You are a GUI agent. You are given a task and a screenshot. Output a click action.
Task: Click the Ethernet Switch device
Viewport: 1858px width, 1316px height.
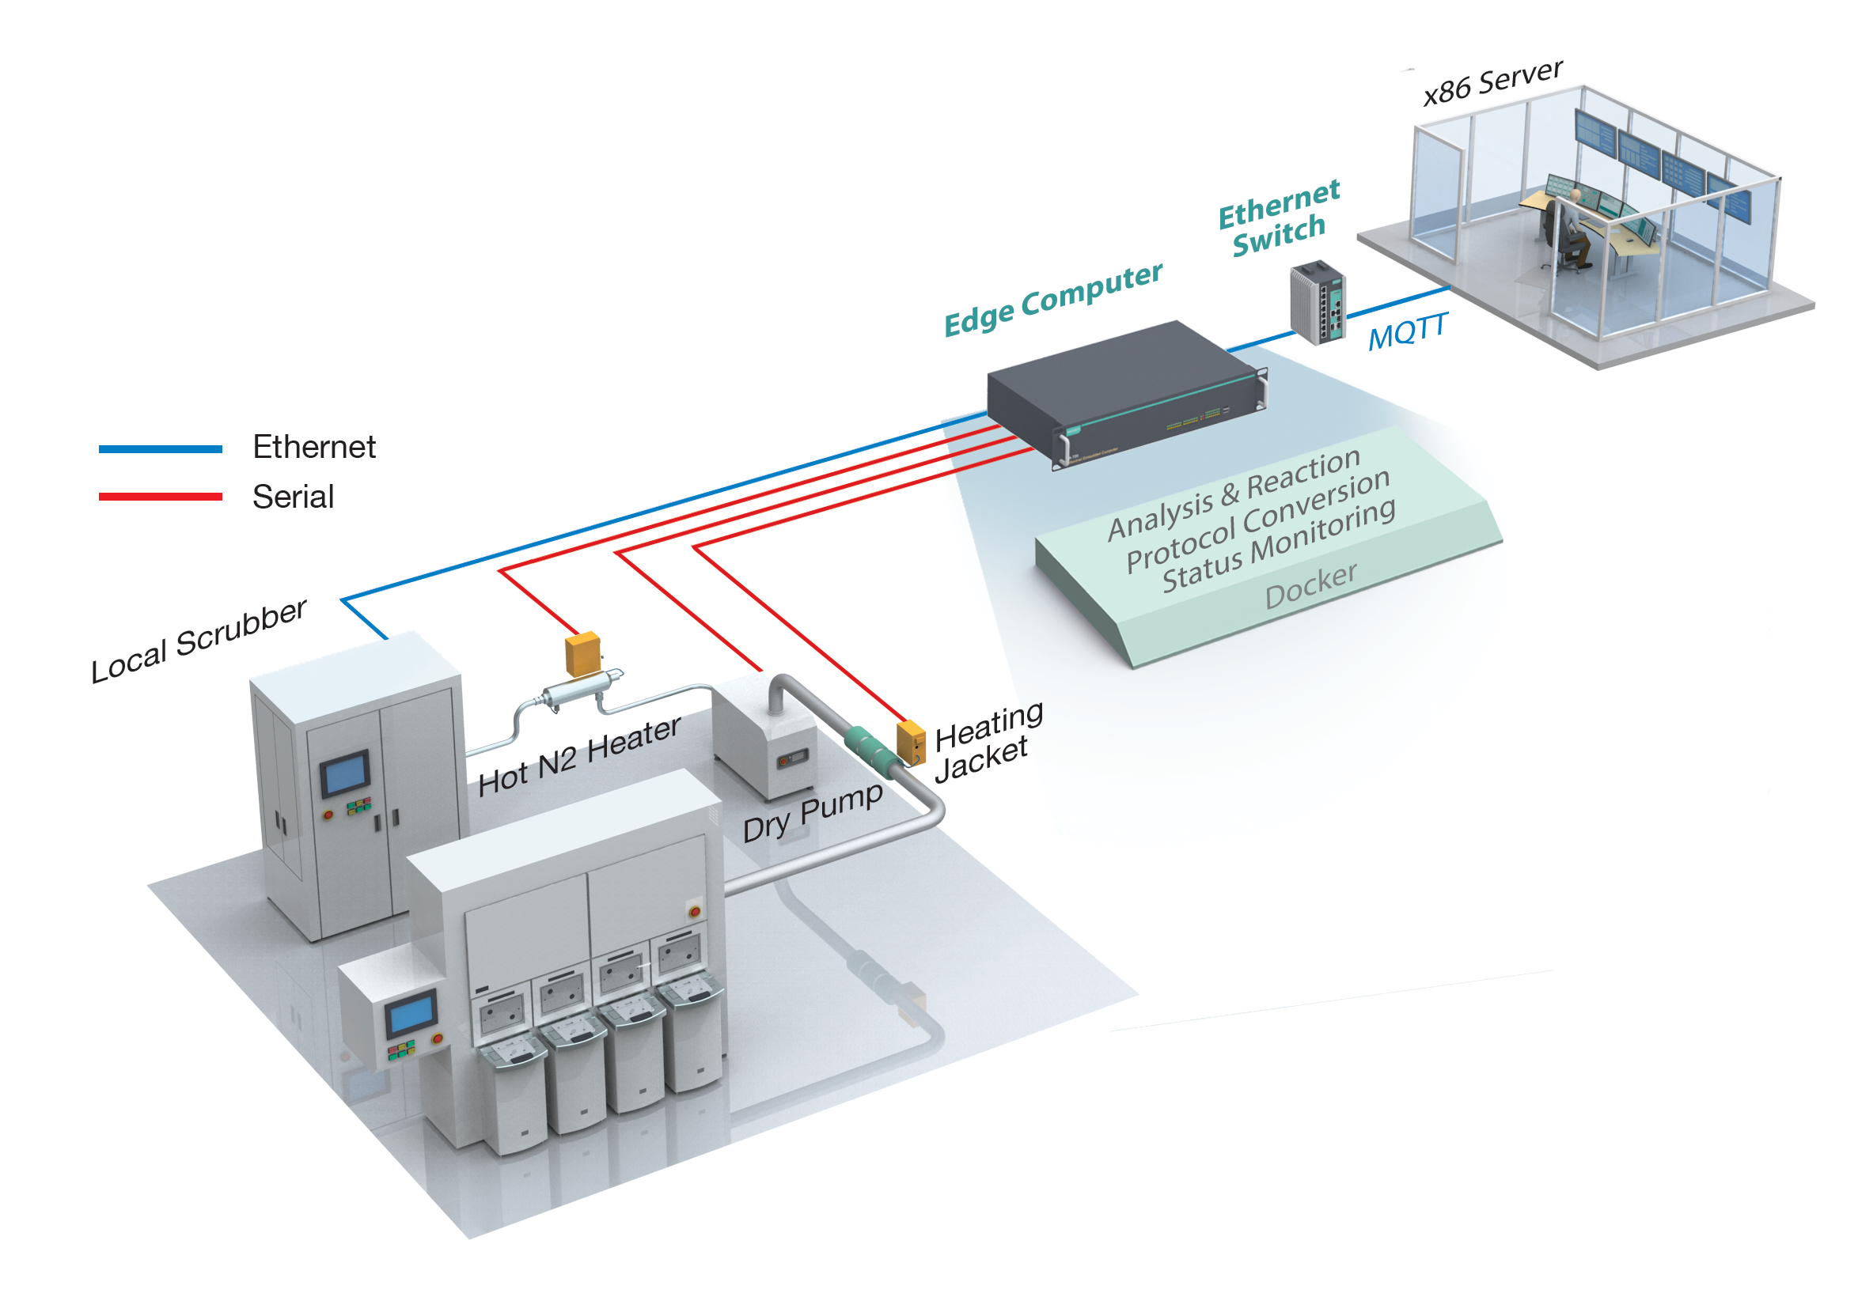tap(1318, 302)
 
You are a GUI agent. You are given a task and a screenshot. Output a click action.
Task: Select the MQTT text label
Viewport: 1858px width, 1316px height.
tap(1407, 331)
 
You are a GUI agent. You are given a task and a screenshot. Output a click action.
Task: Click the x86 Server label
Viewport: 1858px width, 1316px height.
tap(1492, 81)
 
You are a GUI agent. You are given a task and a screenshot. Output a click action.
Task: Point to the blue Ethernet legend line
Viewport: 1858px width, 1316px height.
tap(161, 449)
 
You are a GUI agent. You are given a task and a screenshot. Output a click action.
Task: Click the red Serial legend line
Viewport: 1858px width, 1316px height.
tap(161, 497)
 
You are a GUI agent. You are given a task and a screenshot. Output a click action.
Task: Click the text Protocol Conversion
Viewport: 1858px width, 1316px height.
tap(1257, 520)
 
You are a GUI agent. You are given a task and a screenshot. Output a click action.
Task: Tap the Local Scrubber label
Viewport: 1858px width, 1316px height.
tap(199, 641)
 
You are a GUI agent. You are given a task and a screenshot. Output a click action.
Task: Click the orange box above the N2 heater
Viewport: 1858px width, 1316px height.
tap(582, 654)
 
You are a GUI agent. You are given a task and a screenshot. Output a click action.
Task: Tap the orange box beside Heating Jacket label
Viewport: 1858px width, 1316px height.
tap(910, 743)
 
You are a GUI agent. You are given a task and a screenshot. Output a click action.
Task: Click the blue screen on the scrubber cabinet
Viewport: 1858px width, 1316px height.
tap(345, 773)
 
